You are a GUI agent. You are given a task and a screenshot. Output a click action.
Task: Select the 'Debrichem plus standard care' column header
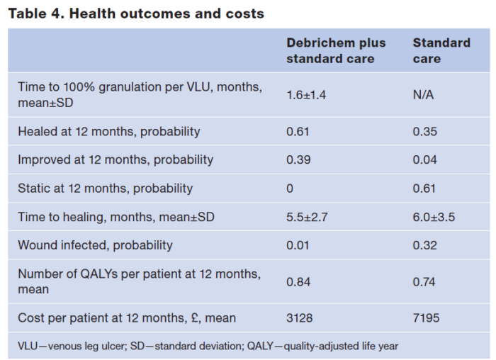(336, 50)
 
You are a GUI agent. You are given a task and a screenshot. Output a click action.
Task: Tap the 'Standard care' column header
(441, 50)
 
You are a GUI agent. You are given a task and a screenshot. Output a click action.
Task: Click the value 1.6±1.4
(306, 95)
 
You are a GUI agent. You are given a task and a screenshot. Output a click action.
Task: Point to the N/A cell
(423, 95)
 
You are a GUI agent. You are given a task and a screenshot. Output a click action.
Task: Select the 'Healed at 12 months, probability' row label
(109, 131)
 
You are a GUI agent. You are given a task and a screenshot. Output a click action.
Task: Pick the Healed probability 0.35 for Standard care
(424, 131)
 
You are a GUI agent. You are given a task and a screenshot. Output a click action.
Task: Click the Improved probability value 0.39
(298, 159)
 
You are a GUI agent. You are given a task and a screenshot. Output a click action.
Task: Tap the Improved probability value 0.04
(424, 159)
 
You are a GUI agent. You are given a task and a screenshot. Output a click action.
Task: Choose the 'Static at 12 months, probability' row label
(105, 189)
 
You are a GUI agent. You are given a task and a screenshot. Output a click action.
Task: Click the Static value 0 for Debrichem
(290, 189)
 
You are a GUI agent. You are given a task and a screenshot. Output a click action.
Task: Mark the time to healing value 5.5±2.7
(306, 217)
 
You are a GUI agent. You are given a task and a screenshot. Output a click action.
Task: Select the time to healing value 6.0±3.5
(433, 217)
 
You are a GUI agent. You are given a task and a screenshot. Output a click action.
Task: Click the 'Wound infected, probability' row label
(95, 245)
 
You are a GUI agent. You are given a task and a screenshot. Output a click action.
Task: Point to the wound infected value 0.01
(298, 245)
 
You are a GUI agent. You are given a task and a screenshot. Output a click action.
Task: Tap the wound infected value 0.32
(424, 245)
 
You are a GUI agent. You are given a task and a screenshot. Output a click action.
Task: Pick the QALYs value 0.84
(298, 282)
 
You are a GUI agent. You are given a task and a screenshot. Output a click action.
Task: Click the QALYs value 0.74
(424, 282)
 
